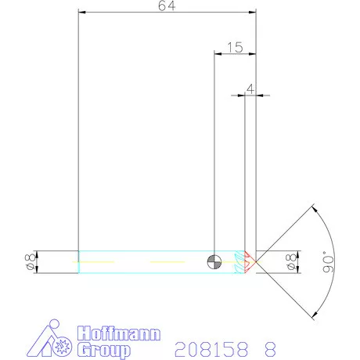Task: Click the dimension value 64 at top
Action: [x=167, y=6]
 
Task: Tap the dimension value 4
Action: [x=250, y=89]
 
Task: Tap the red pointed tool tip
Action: [x=250, y=261]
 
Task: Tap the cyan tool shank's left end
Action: [x=79, y=261]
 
